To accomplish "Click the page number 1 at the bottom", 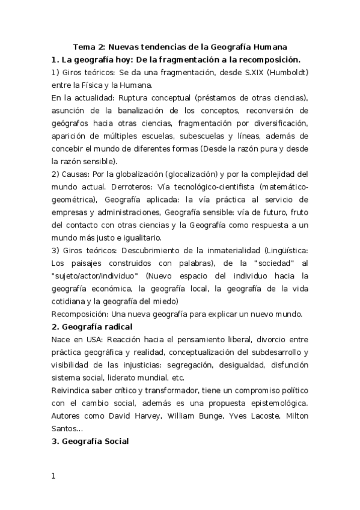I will (x=53, y=477).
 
